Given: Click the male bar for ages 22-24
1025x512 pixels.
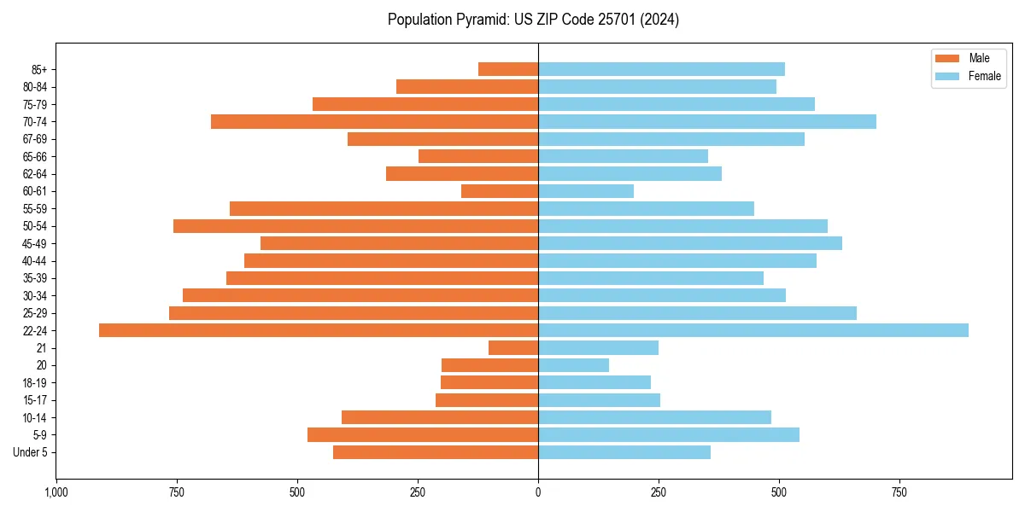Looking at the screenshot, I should click(319, 330).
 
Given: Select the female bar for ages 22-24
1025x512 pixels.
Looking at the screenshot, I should click(753, 330).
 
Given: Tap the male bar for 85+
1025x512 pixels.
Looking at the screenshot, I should click(508, 69).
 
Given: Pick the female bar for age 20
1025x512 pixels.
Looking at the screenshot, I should click(574, 365).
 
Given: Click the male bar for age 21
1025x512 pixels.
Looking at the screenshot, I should click(513, 348).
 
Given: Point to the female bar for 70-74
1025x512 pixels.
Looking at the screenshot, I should click(707, 121).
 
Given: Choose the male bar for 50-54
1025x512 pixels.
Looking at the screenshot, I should click(355, 226).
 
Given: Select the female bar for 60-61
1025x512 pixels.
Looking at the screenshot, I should click(586, 191).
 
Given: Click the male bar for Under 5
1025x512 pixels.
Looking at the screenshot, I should click(436, 452).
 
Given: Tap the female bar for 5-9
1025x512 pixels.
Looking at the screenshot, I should click(669, 435).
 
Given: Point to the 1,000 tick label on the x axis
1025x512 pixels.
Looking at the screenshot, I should click(56, 492).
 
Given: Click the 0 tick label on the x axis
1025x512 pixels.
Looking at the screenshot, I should click(538, 492).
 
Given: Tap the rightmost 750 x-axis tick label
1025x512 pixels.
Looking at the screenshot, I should click(899, 492).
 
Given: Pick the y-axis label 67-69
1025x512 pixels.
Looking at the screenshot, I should click(35, 139).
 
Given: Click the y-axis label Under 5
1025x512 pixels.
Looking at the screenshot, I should click(30, 452).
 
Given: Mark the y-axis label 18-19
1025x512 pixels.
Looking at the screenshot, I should click(35, 383).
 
